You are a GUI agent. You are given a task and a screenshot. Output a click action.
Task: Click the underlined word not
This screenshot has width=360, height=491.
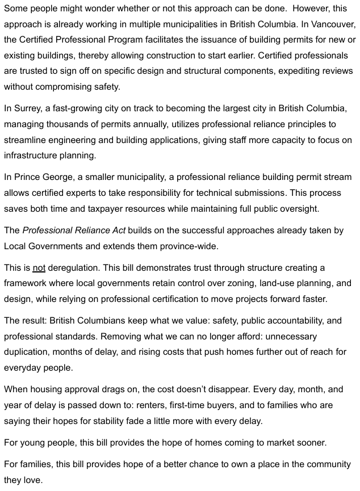click(x=39, y=268)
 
